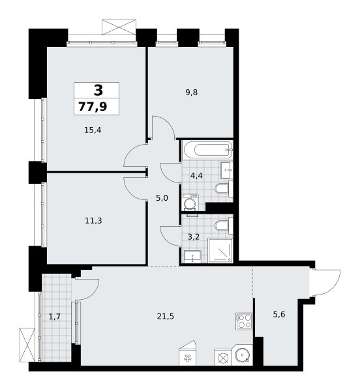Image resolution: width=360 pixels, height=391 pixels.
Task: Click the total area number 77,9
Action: coord(93,106)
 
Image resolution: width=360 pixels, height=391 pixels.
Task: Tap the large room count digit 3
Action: coord(98,90)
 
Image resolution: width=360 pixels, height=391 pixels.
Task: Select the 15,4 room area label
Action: coord(93,130)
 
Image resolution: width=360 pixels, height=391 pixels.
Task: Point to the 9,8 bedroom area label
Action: coord(191,93)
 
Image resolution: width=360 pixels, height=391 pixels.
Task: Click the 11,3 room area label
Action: coord(93,221)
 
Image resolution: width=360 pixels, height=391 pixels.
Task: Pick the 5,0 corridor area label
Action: coord(162,198)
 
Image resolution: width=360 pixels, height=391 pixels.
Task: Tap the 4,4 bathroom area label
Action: coord(196,176)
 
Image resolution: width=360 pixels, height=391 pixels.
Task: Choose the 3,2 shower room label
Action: coord(194,237)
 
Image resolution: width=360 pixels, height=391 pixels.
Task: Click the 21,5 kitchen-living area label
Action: coord(166,317)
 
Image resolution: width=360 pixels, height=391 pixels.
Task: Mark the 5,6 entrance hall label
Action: coord(279,315)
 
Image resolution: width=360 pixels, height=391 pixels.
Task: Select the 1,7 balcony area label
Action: coord(54,317)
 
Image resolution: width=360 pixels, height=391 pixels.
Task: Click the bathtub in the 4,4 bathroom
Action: coord(207,150)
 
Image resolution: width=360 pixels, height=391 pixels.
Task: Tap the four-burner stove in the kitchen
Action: coord(244,321)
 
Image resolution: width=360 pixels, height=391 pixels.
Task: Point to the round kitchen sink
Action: coord(242,355)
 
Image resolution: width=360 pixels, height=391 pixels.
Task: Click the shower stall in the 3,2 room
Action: coord(220,251)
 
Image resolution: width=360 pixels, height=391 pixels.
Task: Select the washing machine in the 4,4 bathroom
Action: coord(190,202)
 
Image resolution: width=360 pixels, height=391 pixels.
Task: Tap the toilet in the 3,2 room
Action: coord(224,225)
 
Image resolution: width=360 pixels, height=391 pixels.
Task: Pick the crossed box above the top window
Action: coord(119,27)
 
